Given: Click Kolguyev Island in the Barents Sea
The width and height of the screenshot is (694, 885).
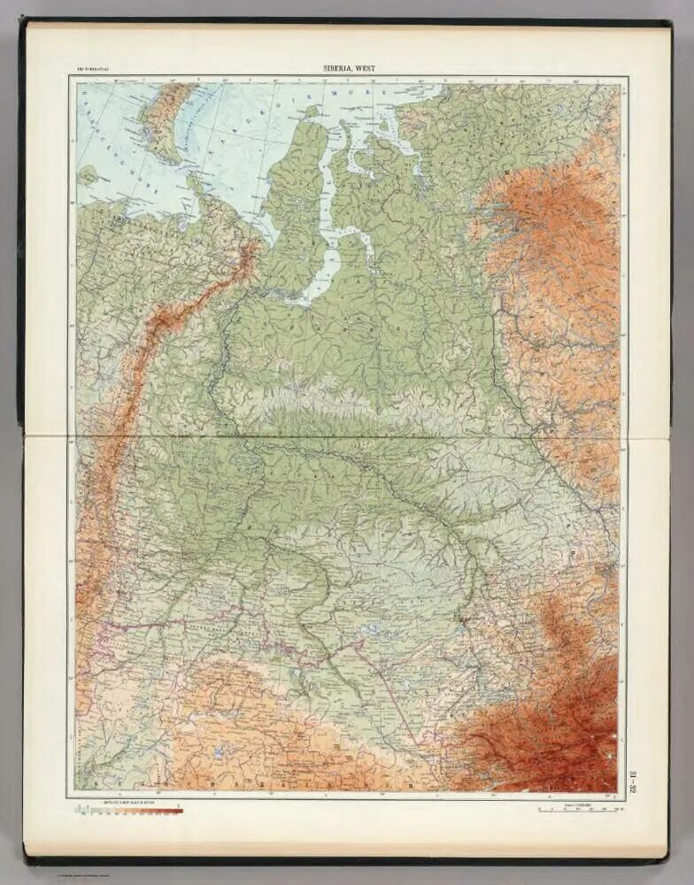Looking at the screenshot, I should (87, 174).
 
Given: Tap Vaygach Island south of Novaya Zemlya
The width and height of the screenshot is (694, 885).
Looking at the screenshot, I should (195, 181).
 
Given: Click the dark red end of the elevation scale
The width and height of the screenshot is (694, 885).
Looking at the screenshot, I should (177, 810).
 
